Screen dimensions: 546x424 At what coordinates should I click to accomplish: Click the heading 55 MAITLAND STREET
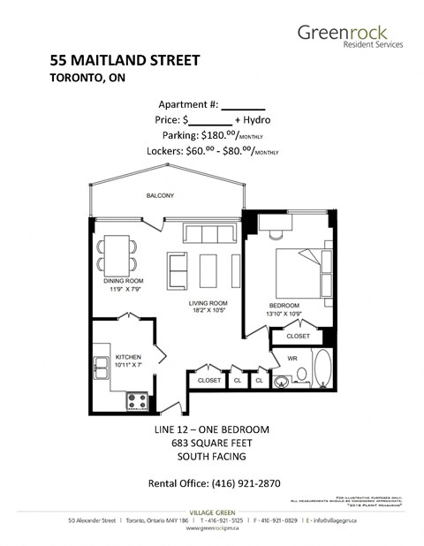pos(125,61)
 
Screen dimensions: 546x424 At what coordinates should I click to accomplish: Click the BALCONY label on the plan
pos(160,195)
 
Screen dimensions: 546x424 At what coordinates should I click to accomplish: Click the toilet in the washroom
pos(283,382)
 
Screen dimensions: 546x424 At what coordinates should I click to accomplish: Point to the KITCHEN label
pos(129,355)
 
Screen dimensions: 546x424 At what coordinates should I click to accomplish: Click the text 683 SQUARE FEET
pos(211,444)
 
